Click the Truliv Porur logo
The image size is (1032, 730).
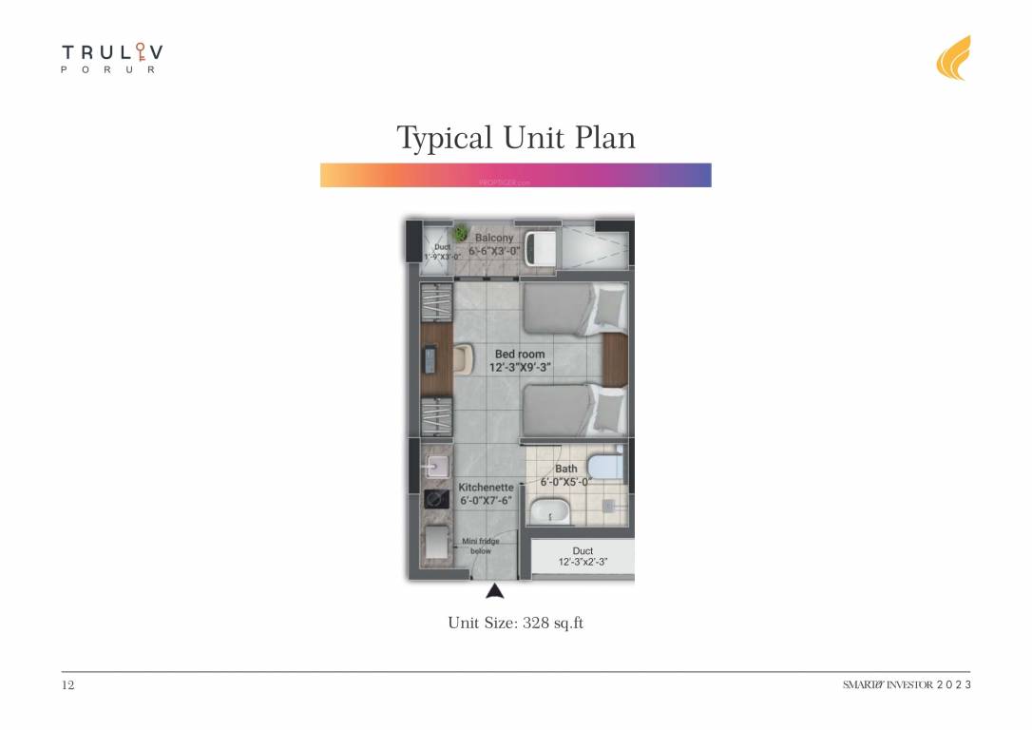click(x=109, y=58)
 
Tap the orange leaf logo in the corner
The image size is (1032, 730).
click(x=953, y=58)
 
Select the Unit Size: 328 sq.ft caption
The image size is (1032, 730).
click(x=515, y=624)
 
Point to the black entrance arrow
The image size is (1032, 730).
click(x=494, y=592)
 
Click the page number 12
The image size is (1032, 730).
click(x=67, y=685)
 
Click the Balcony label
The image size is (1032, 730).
click(x=494, y=238)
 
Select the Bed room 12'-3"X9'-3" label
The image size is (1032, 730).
click(x=520, y=360)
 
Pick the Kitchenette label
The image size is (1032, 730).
click(x=487, y=493)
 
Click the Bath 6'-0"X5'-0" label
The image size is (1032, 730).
click(x=566, y=475)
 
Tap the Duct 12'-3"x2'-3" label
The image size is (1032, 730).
click(x=583, y=557)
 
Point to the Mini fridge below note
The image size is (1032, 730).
click(x=481, y=546)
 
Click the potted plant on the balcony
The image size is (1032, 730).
click(x=461, y=233)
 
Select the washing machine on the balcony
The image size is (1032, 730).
click(x=544, y=247)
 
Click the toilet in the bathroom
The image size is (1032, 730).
click(x=602, y=467)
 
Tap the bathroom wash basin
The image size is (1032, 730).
click(x=548, y=514)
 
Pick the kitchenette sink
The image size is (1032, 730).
click(x=438, y=465)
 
